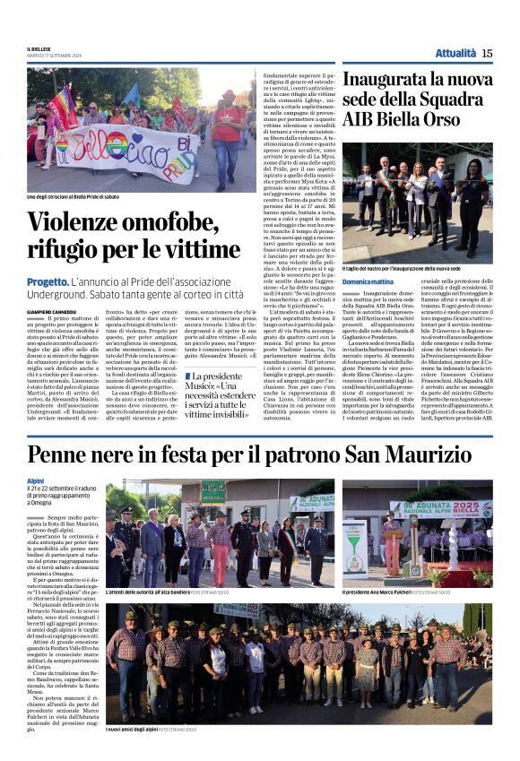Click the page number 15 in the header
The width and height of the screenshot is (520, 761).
point(487,54)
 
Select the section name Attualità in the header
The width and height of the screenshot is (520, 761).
point(455,54)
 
